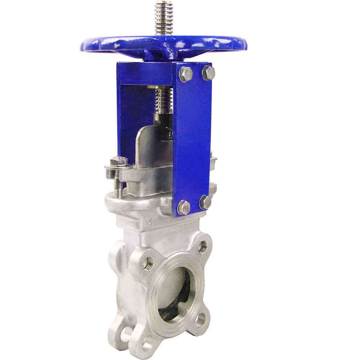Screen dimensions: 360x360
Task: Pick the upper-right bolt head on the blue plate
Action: [x=208, y=73]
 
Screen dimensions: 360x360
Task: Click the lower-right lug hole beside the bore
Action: [x=200, y=319]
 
